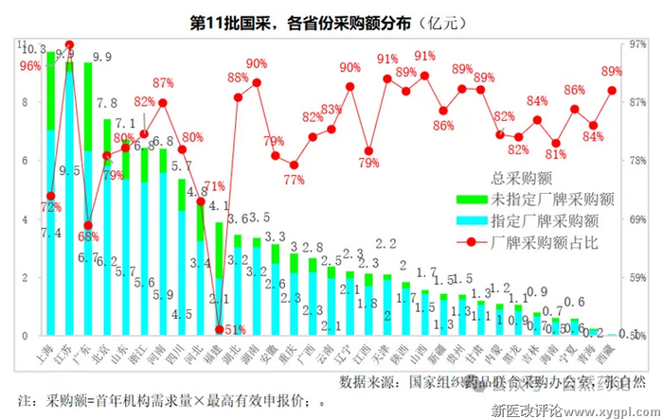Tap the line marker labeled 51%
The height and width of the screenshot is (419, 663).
(220, 329)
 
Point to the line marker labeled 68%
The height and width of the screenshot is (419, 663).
(87, 225)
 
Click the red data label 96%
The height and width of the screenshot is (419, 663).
(29, 65)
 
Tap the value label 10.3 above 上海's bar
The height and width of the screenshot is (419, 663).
(35, 48)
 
